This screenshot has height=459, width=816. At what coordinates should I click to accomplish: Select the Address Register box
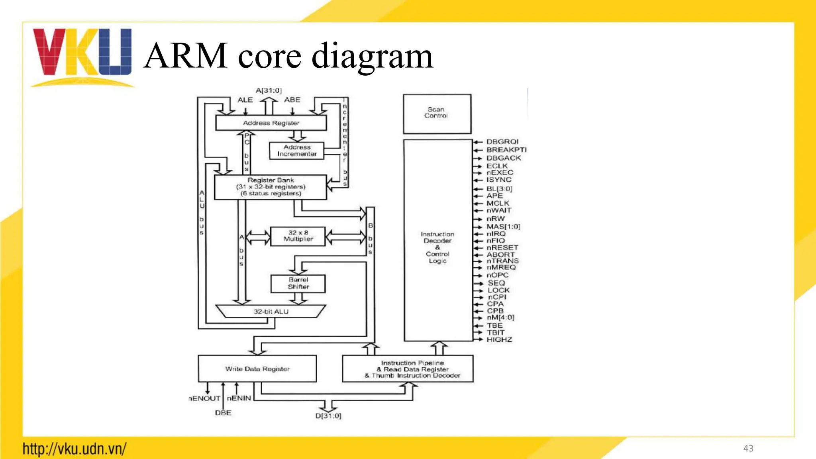point(271,123)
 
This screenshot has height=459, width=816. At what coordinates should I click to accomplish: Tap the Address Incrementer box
point(297,151)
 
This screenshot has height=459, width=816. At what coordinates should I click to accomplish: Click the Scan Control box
point(437,113)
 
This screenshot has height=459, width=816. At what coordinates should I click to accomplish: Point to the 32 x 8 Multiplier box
point(298,236)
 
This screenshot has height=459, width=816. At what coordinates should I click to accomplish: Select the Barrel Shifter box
point(298,283)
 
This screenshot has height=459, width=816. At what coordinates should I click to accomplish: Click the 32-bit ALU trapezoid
point(271,311)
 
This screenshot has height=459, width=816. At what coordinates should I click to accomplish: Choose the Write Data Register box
point(257,369)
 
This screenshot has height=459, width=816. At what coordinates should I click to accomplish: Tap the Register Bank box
point(271,187)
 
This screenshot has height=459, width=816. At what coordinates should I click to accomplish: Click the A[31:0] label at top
point(269,91)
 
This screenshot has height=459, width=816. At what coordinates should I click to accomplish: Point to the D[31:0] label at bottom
point(328,416)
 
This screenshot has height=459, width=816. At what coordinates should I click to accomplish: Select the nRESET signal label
point(502,247)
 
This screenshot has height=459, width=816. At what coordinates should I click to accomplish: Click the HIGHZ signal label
point(499,339)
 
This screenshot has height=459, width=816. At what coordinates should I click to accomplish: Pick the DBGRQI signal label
point(502,142)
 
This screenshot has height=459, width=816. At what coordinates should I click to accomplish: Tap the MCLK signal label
point(498,203)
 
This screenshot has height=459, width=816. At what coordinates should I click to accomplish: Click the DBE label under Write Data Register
point(223,413)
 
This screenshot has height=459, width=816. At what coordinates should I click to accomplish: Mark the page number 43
point(748,449)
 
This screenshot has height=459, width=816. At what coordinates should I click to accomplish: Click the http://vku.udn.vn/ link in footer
point(75,449)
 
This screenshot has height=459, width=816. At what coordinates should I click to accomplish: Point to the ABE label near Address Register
point(292,100)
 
